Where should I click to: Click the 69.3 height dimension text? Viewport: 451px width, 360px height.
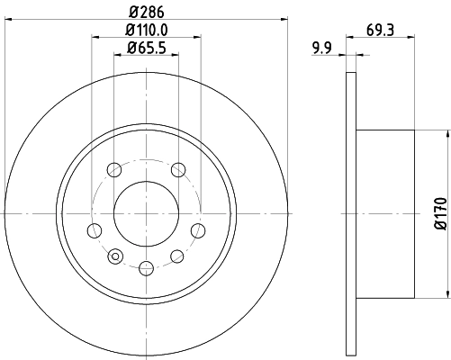click(381, 30)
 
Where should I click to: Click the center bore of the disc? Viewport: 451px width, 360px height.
click(146, 213)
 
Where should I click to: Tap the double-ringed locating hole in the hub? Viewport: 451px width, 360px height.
click(114, 257)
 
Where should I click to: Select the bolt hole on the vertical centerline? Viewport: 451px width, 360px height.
click(146, 265)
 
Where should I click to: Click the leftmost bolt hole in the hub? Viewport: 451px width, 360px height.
click(94, 230)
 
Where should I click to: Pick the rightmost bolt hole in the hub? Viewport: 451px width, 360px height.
click(199, 230)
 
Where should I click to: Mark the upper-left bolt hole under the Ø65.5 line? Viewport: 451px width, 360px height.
click(113, 168)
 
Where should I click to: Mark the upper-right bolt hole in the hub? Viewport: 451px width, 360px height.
click(178, 168)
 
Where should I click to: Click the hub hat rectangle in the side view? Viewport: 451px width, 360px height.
click(384, 213)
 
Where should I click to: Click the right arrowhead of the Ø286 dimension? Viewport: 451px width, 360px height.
click(283, 19)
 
